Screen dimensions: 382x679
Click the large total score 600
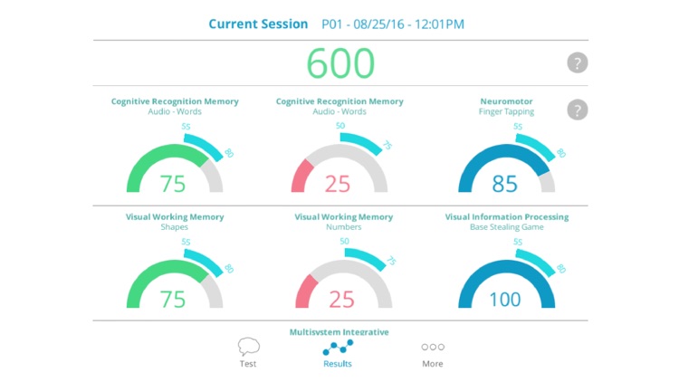(339, 63)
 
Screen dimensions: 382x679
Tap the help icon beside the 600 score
(578, 63)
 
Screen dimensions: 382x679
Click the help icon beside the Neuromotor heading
(578, 110)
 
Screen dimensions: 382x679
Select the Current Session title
(258, 24)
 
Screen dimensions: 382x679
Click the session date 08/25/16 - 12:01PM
(394, 24)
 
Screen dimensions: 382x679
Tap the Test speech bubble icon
(248, 347)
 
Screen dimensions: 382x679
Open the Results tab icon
(338, 348)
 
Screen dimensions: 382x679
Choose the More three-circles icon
(433, 347)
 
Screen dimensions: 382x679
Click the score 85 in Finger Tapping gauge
(505, 184)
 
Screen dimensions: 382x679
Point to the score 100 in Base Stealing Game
(505, 299)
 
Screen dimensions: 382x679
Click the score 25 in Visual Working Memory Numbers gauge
(339, 299)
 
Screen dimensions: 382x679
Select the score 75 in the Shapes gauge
(173, 299)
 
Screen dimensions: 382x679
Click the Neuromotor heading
(507, 101)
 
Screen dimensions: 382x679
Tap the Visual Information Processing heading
(507, 217)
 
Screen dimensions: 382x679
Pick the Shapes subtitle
(175, 227)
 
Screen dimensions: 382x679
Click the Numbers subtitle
(343, 227)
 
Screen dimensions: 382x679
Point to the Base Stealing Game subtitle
(507, 227)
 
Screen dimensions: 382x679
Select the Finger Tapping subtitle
(507, 111)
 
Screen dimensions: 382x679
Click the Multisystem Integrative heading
(339, 331)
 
